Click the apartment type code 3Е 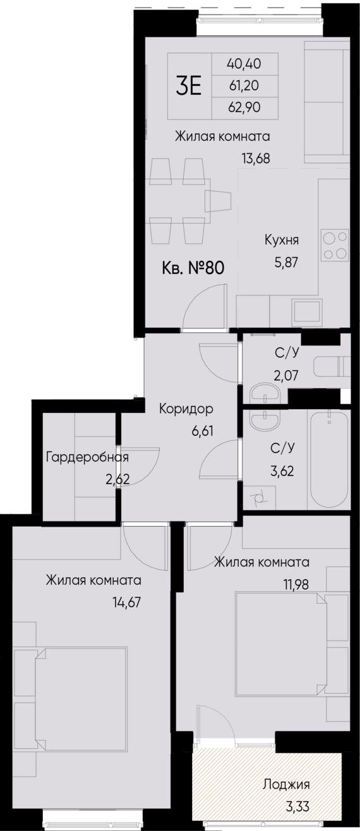(188, 86)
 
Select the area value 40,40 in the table (244, 63)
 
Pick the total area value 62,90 (244, 107)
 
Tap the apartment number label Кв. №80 (193, 267)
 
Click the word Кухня (281, 240)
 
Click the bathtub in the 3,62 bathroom (328, 459)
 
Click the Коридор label (186, 409)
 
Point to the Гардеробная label (88, 457)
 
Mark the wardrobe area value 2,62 (117, 479)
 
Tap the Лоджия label (287, 786)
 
